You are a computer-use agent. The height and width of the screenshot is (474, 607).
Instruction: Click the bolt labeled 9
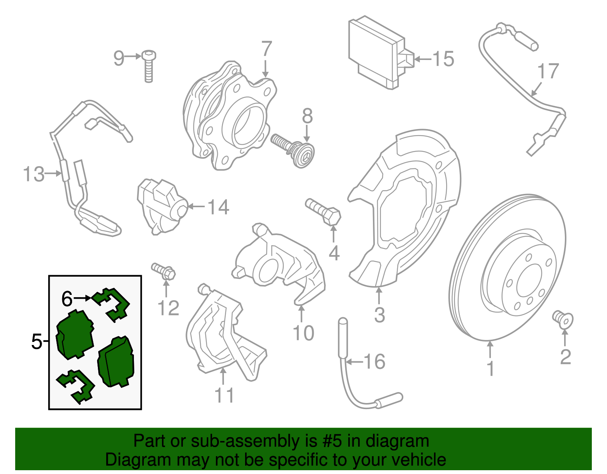149,66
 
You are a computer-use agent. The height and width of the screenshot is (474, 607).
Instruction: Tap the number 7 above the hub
267,49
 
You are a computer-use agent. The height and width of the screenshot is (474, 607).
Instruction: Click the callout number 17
548,72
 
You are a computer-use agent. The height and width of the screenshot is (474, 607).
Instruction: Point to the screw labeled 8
294,150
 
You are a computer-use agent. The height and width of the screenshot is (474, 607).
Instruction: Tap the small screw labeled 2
563,318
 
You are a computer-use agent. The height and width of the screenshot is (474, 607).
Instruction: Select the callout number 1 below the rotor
490,368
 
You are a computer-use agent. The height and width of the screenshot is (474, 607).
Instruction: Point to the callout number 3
379,315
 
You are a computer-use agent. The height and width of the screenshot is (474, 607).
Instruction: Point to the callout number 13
33,174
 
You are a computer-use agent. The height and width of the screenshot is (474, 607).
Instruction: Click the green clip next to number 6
112,304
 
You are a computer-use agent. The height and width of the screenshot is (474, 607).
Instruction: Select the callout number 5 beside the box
36,342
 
